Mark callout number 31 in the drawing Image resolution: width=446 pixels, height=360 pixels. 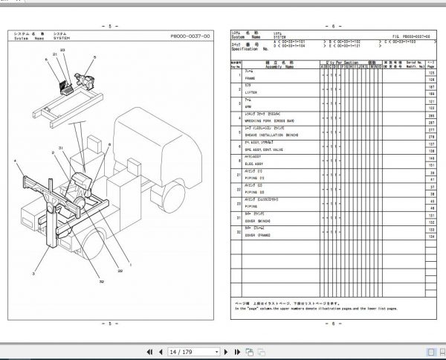[x=62, y=149]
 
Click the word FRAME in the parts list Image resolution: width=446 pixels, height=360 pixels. [x=262, y=77]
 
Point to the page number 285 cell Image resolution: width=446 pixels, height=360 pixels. [x=431, y=117]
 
